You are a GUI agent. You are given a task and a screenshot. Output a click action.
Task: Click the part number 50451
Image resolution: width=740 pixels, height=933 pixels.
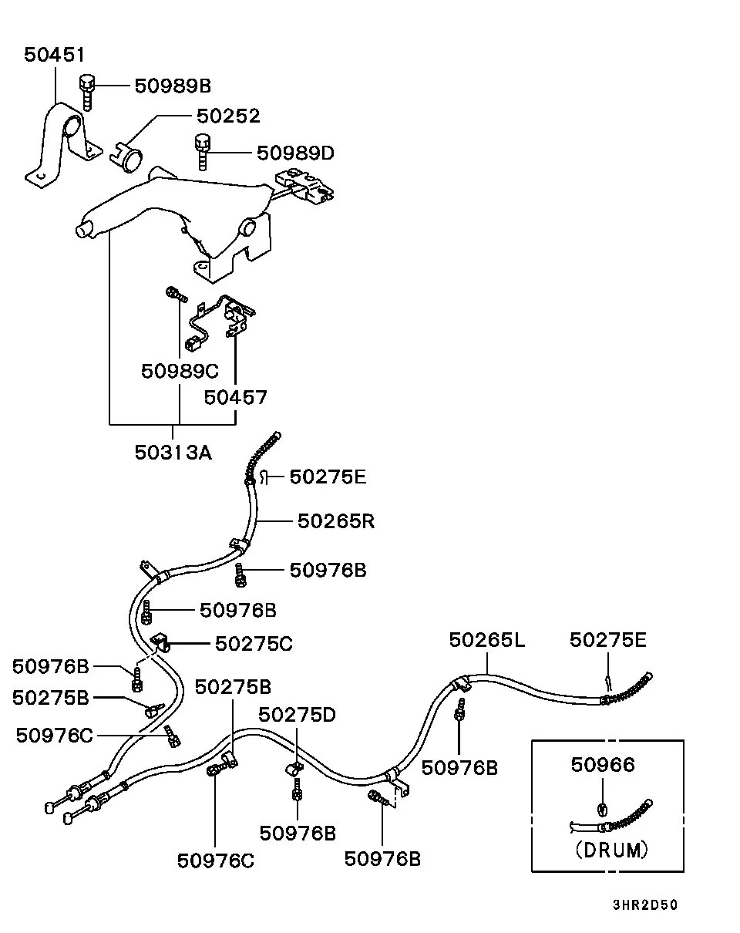[x=54, y=55]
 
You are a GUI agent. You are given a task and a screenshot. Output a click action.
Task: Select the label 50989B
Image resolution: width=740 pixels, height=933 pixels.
[x=173, y=86]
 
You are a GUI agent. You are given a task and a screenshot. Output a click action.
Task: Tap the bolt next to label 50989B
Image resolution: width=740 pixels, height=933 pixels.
[x=86, y=93]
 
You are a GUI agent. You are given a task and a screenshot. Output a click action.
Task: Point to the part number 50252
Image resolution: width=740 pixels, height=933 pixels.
[x=228, y=116]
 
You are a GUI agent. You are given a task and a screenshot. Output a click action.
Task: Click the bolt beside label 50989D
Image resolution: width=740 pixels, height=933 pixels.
[x=203, y=152]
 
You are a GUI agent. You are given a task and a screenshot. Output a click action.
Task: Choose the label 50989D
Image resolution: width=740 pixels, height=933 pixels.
[x=296, y=153]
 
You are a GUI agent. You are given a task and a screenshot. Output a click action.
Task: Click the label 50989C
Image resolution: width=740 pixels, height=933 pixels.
[x=180, y=371]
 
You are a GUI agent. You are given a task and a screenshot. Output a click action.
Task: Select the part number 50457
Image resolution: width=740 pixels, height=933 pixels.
[x=235, y=398]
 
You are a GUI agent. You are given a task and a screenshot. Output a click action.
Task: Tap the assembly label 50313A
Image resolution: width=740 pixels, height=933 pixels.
[x=173, y=453]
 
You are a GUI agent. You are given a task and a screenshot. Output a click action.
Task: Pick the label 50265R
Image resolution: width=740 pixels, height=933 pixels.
[x=336, y=521]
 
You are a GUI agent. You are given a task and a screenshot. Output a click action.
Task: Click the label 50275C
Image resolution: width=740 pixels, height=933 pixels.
[x=254, y=644]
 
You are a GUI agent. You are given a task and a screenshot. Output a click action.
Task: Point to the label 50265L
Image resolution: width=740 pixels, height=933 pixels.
[x=487, y=640]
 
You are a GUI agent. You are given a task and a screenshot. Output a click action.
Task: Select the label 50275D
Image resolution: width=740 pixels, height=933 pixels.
[x=298, y=715]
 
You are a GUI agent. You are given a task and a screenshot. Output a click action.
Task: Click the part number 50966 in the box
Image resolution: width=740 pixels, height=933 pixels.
[x=603, y=765]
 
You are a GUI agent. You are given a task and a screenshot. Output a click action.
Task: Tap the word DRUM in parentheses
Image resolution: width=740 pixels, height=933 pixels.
[x=612, y=850]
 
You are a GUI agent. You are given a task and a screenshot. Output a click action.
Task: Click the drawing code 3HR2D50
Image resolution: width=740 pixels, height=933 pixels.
[x=645, y=904]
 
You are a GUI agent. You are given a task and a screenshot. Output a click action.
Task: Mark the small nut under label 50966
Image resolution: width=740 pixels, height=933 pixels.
[x=603, y=809]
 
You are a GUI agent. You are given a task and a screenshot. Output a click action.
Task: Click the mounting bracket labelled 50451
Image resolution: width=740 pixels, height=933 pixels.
[x=63, y=145]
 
